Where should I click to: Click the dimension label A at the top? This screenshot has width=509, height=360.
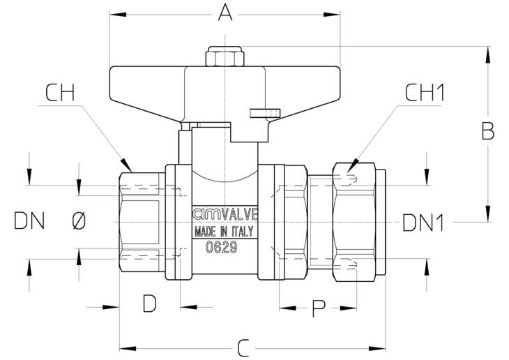tap(225, 13)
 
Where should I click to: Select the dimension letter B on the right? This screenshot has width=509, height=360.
tap(488, 130)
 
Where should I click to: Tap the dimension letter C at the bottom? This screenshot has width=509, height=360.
tap(243, 348)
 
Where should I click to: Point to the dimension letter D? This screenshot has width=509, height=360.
tap(150, 303)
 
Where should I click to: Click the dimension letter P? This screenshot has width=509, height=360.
tap(319, 308)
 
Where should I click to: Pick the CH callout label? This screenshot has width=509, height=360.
tap(60, 93)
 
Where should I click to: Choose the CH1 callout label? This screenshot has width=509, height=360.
tap(425, 93)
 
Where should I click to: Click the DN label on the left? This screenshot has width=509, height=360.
tap(29, 220)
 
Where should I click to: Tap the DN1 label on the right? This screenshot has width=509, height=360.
tap(423, 223)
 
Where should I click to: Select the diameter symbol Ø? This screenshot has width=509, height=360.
tap(79, 220)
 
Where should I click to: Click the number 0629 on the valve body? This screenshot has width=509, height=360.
tap(222, 248)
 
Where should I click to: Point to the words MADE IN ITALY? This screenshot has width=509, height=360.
tap(224, 232)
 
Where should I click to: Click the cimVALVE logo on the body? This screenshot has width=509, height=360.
tap(225, 214)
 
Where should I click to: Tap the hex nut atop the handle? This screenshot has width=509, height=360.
tap(225, 57)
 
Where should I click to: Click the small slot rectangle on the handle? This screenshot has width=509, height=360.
tap(264, 112)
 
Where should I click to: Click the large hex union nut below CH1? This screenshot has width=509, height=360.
tap(354, 222)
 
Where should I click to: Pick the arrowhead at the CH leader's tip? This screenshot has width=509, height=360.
tap(127, 165)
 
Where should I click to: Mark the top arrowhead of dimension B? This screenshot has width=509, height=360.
tap(487, 54)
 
